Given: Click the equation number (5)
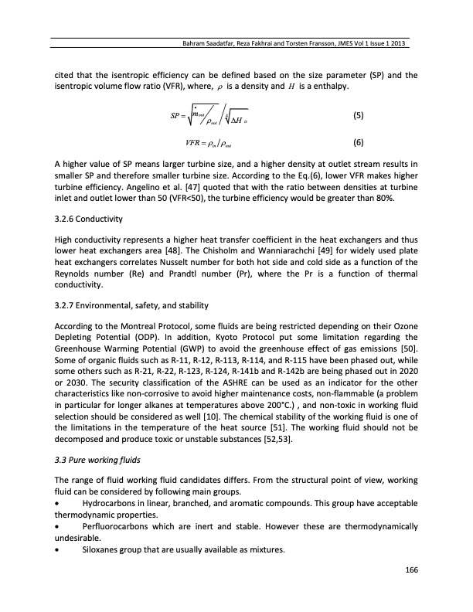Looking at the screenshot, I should coord(358,116).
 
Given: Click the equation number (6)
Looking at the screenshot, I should coord(358,143).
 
